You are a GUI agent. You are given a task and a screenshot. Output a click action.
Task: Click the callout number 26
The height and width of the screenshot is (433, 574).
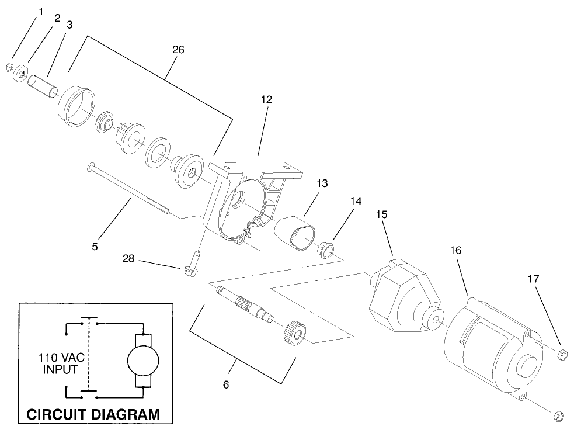[x=179, y=50]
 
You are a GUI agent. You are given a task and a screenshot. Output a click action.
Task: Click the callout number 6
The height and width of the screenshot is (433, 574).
[x=226, y=384]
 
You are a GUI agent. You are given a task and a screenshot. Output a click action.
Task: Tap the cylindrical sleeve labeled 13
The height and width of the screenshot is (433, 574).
[x=297, y=234]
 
